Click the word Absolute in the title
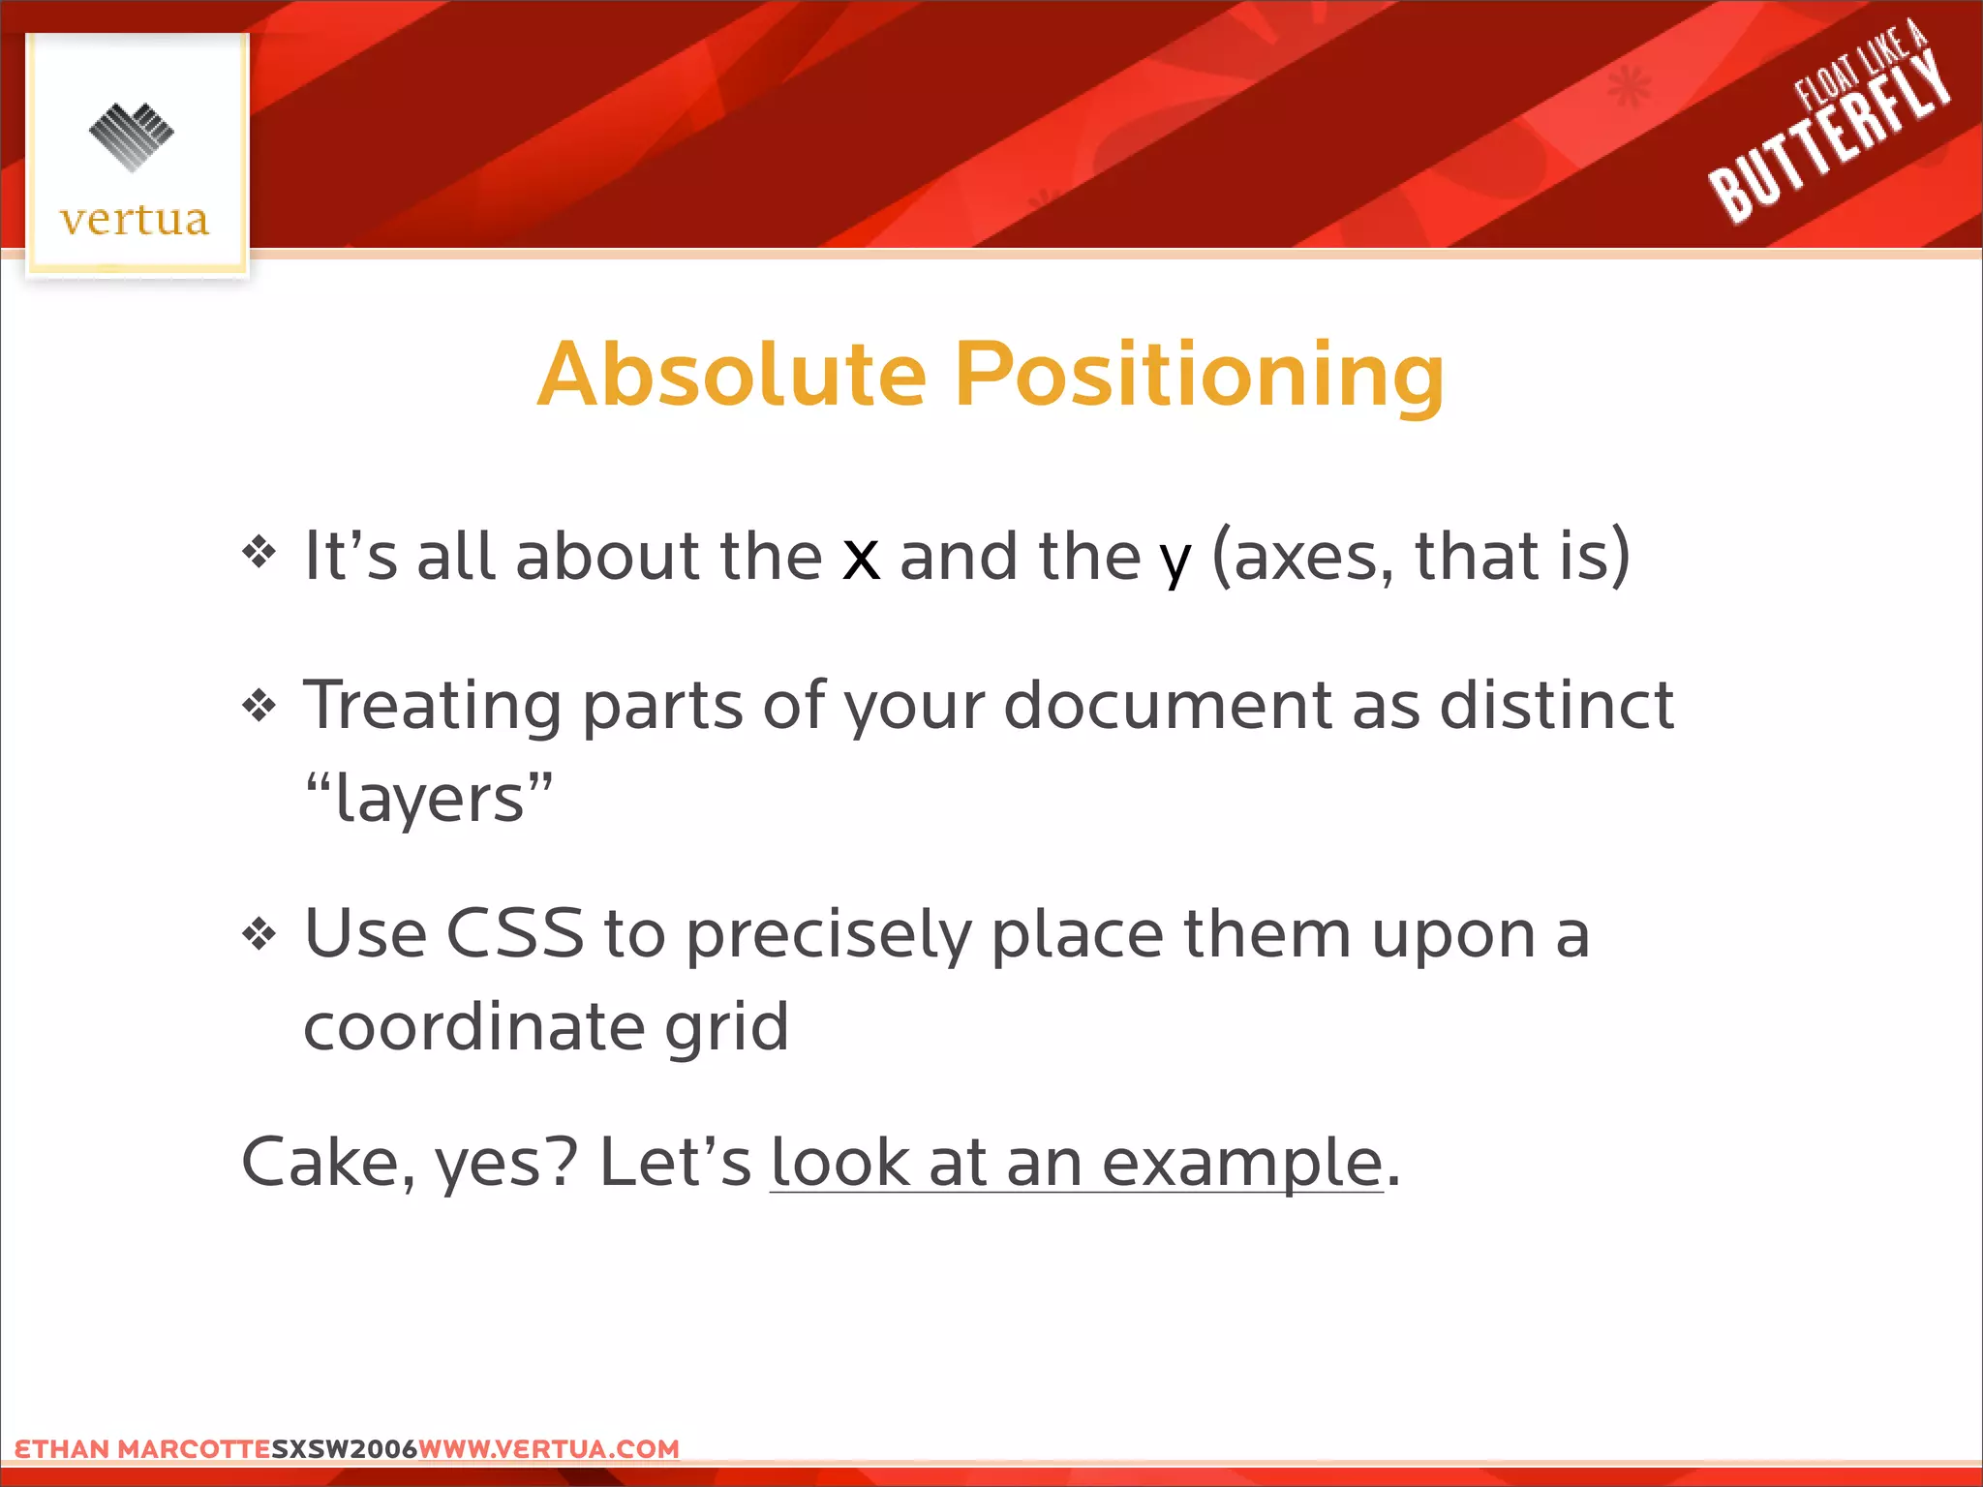[733, 376]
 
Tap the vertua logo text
[135, 221]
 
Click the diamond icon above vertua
[132, 137]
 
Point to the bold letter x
[861, 559]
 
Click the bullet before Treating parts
[259, 705]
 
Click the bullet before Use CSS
[259, 934]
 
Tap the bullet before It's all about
[259, 554]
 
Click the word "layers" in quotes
[429, 800]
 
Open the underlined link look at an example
[1076, 1163]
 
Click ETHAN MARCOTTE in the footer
[142, 1449]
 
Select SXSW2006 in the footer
[344, 1449]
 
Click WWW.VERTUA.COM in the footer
[549, 1449]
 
